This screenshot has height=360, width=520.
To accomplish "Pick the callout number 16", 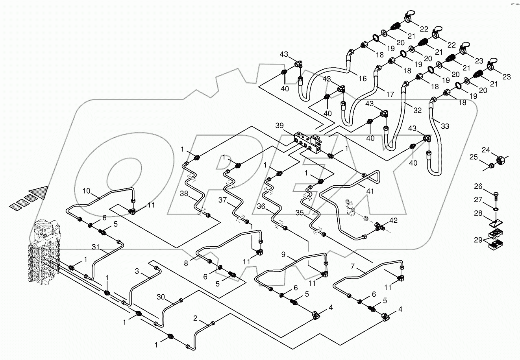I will pos(363,78).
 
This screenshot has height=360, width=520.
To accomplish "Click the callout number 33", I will pos(444,126).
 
